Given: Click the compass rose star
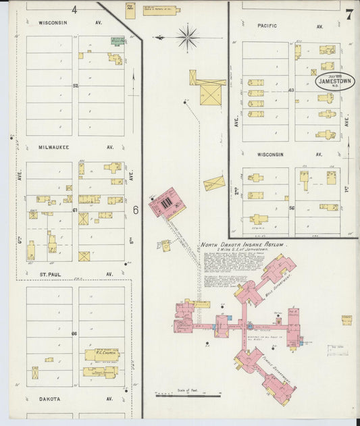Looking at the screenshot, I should [x=187, y=36].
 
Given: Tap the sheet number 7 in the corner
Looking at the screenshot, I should [x=349, y=15].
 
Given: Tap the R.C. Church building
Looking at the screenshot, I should [x=102, y=354].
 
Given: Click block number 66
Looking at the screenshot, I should [x=75, y=334].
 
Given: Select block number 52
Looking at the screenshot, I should [x=76, y=86].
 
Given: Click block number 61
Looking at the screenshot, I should [x=75, y=211].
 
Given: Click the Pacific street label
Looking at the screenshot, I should [x=267, y=25].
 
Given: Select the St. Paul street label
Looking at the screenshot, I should [x=51, y=275].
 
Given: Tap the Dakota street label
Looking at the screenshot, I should [x=49, y=399].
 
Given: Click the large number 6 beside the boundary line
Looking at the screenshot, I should [x=135, y=211].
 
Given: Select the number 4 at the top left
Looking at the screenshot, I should [x=74, y=10].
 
